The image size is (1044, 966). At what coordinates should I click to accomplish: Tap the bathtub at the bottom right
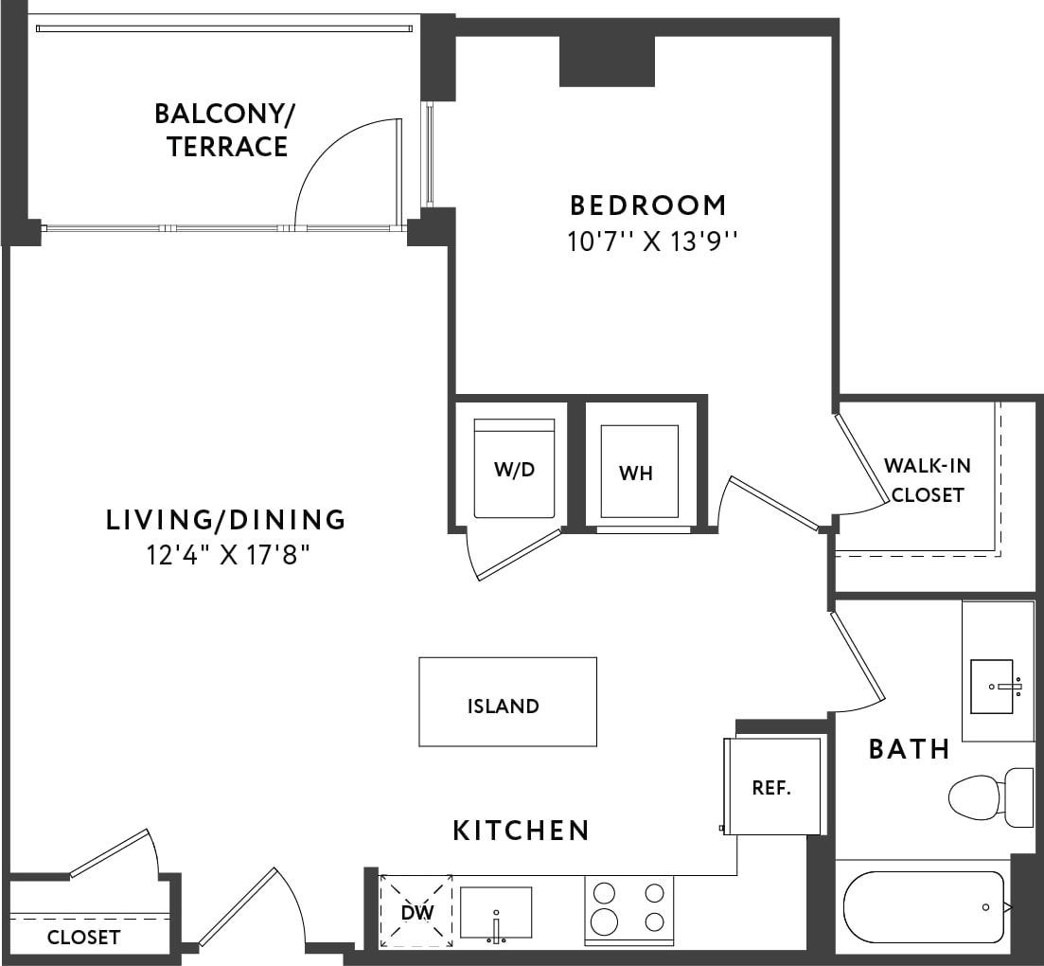[923, 906]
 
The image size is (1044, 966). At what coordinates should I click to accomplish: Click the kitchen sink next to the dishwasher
[495, 913]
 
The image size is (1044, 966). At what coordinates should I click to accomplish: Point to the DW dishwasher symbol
[416, 911]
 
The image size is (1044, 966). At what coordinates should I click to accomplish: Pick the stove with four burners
[628, 908]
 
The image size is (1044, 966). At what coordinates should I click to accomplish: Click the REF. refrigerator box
[771, 787]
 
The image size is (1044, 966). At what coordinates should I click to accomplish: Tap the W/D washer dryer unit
[514, 469]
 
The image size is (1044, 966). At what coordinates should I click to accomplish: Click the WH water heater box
[638, 472]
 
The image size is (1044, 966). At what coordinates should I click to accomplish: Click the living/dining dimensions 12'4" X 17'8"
[228, 554]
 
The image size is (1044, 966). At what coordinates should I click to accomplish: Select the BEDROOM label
[648, 205]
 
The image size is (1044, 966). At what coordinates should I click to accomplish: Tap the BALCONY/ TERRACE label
[225, 131]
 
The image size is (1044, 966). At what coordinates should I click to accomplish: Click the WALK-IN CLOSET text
[927, 480]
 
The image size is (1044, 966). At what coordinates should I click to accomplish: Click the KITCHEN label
[521, 831]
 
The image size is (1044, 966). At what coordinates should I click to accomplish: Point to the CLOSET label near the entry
[84, 938]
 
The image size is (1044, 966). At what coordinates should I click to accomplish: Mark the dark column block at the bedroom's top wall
[607, 62]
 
